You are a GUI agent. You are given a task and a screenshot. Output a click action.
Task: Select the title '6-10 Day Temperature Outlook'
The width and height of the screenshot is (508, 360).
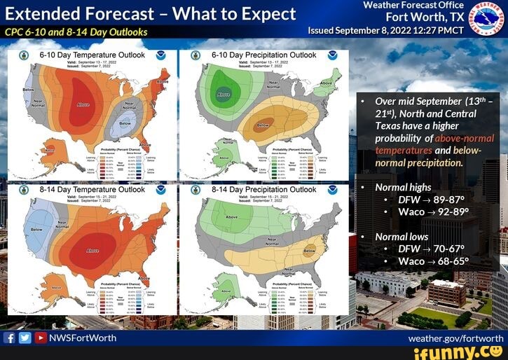[92, 55]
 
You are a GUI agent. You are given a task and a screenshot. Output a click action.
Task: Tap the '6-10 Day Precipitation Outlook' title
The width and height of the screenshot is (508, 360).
[263, 55]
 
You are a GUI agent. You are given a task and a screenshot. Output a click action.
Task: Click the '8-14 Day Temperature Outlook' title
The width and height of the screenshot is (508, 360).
[92, 190]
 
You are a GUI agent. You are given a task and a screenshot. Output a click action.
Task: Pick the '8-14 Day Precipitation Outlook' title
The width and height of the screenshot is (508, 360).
[263, 190]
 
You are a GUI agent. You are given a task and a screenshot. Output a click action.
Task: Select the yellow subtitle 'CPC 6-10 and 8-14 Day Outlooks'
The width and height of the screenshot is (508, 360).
[76, 32]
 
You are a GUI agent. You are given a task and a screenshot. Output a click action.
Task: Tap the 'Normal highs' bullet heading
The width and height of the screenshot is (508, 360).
[403, 188]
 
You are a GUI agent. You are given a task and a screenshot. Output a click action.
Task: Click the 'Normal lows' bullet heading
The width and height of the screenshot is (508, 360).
[401, 237]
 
